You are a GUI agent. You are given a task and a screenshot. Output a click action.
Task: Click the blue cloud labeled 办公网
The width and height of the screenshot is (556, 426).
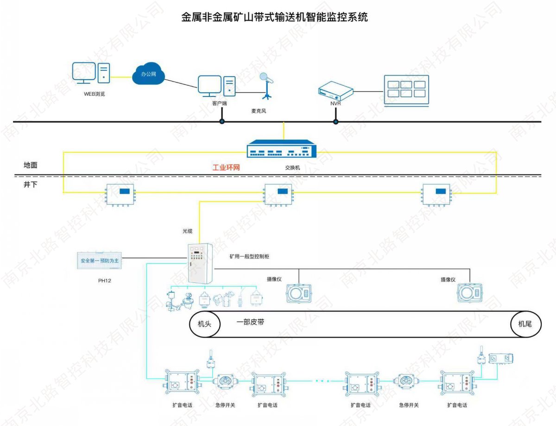pos(149,74)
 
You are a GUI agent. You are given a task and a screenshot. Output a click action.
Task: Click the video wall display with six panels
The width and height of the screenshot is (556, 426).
pos(406,90)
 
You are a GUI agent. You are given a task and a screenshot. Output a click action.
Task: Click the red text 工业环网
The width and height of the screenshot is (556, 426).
pos(226,167)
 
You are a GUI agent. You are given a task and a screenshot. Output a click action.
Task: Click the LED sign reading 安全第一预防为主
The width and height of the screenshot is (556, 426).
pos(100,261)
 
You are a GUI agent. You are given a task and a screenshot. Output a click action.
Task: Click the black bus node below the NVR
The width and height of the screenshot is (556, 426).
pos(335,122)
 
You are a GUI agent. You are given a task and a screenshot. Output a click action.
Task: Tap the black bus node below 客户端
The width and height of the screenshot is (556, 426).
pos(222,122)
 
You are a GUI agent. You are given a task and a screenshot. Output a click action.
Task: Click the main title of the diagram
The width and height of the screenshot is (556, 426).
pos(275,18)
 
